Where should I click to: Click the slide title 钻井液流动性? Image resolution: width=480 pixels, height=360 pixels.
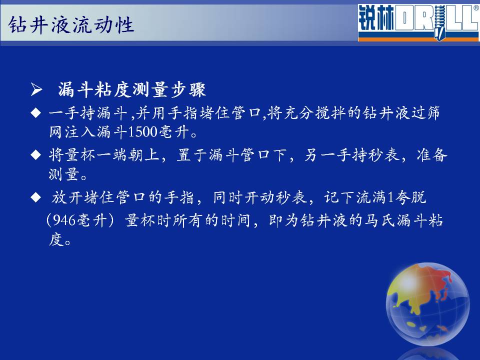[71, 24]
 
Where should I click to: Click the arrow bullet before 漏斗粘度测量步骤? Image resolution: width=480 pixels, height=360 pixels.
[36, 90]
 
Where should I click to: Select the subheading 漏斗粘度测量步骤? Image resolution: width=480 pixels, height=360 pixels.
[132, 90]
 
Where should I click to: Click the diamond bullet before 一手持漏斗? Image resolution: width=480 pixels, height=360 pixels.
[36, 113]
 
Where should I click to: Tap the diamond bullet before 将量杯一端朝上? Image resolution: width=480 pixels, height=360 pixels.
[36, 154]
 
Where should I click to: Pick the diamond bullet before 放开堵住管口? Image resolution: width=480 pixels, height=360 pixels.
[36, 197]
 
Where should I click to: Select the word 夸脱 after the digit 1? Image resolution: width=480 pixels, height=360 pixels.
[410, 197]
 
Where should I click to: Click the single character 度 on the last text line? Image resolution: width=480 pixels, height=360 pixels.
[56, 239]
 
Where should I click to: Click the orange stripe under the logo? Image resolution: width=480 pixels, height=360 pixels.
[418, 39]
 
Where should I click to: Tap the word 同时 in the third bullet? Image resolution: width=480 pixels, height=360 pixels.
[228, 197]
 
